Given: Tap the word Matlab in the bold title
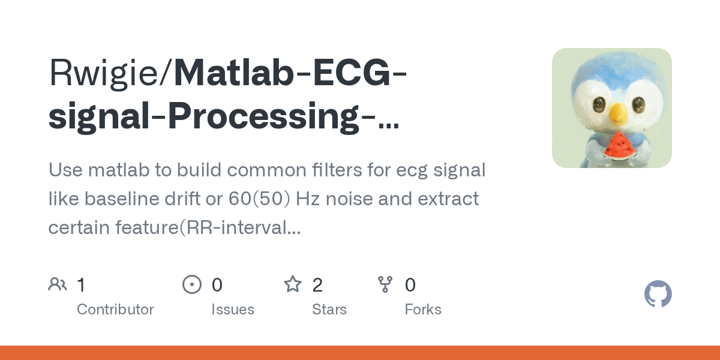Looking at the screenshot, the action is pos(234,73).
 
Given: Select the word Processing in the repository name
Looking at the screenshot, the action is pos(263,116).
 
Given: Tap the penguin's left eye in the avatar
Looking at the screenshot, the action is pos(599,105).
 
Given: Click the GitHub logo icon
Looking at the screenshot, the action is pos(658,294).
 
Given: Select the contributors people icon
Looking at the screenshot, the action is pos(58,284).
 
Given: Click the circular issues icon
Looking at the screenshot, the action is pos(192,284).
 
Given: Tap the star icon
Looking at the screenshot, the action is pos(293,284).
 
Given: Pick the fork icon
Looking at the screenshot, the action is pos(385,284).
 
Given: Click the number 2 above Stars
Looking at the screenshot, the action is pos(317,285).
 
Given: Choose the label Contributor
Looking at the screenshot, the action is pos(115,310).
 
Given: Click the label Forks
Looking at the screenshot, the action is pos(423,310).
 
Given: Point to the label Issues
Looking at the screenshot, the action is pos(233,310).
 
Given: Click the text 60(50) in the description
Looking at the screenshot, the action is pos(259,199).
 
